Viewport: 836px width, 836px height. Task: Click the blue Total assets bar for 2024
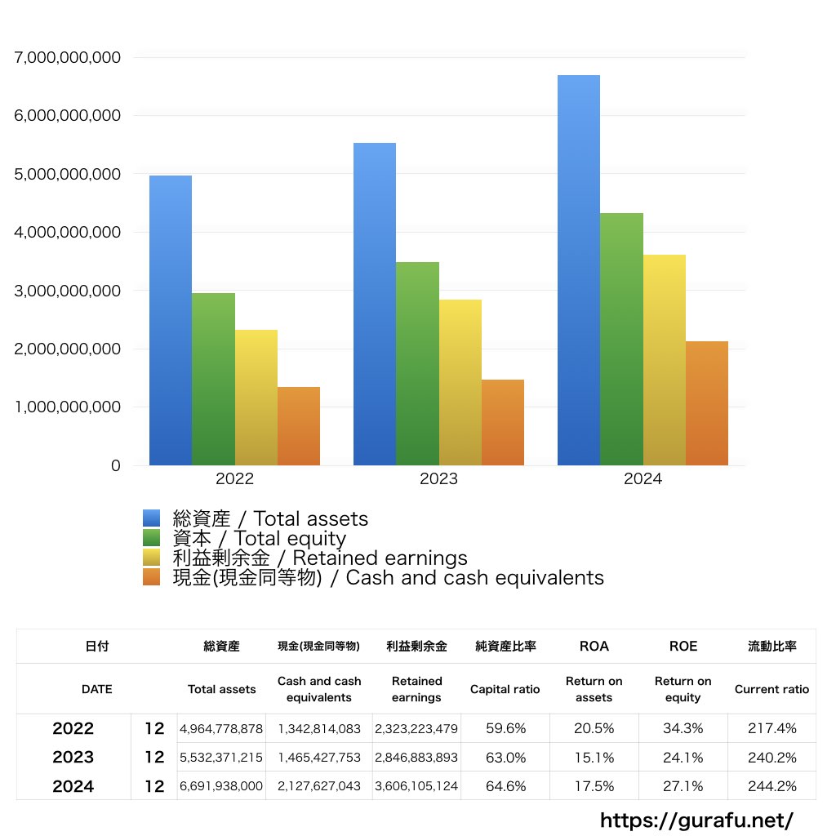579,269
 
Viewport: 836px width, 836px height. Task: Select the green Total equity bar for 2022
213,379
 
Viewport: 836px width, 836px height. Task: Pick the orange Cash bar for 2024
706,403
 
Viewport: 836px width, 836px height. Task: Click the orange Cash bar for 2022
298,426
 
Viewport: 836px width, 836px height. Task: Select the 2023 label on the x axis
438,479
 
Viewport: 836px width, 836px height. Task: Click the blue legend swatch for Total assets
151,518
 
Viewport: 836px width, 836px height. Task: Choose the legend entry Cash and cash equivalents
388,578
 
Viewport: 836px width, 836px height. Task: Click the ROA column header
594,646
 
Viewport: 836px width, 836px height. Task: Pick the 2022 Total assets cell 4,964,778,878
221,728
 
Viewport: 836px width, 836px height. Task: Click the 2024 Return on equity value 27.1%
683,786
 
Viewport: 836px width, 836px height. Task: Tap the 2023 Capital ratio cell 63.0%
505,757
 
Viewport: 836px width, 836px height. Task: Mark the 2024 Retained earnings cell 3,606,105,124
416,786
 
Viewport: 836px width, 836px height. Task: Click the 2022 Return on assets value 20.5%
594,728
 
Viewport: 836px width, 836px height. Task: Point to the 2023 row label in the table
73,757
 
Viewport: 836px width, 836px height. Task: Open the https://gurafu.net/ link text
696,820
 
